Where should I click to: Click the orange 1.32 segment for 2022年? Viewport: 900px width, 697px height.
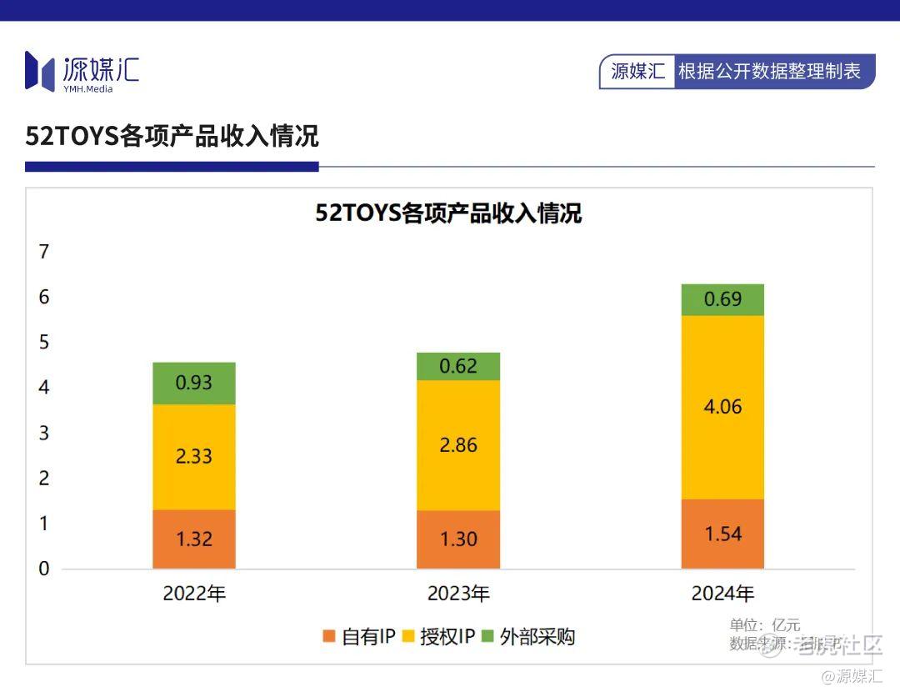(x=194, y=539)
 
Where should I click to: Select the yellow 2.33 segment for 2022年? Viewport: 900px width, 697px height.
(x=194, y=457)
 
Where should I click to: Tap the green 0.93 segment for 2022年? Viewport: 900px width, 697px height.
(x=194, y=384)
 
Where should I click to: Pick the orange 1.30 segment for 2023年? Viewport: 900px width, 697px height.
(x=458, y=539)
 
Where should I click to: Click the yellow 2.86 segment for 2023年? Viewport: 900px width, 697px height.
(x=458, y=445)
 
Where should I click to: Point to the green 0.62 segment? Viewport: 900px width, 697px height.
(x=458, y=366)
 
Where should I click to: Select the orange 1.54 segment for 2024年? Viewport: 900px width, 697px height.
(x=722, y=534)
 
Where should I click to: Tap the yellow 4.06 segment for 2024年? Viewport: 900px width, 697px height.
(x=722, y=407)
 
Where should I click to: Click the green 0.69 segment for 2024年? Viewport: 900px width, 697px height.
(x=722, y=299)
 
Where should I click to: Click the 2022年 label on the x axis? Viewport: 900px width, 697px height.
(x=194, y=594)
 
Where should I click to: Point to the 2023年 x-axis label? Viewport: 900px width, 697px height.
(x=458, y=594)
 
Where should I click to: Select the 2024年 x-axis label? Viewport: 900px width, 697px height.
(x=722, y=594)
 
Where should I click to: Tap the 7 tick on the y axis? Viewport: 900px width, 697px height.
(x=44, y=252)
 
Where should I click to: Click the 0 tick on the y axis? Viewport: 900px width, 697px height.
(x=44, y=569)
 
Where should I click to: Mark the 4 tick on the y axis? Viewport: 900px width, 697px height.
(x=44, y=388)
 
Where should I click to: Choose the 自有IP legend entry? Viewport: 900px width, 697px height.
(x=358, y=637)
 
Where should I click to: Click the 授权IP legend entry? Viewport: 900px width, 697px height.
(x=438, y=637)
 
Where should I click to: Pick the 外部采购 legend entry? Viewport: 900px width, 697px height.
(x=528, y=637)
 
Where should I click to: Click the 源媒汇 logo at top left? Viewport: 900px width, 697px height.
(x=82, y=72)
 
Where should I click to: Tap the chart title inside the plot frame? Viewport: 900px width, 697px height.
(x=448, y=213)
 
